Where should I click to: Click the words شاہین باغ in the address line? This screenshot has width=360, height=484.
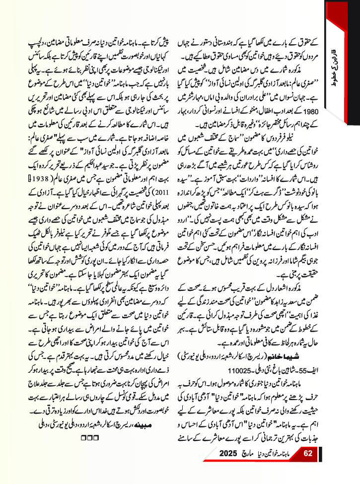[x=278, y=371]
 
